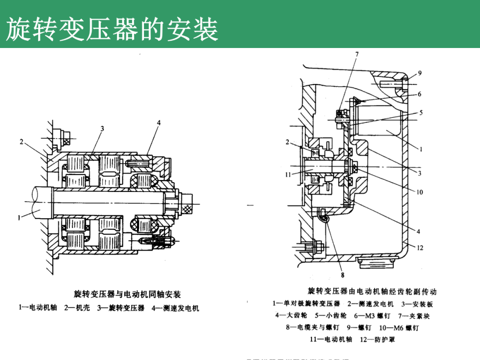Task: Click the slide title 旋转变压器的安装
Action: click(x=112, y=30)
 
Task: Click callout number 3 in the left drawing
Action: click(x=102, y=129)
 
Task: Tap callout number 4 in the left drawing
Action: click(x=159, y=123)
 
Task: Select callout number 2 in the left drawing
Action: click(x=21, y=142)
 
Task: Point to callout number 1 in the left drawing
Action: click(x=19, y=218)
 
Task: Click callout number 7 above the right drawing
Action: click(x=356, y=55)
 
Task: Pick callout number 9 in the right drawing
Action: click(x=420, y=73)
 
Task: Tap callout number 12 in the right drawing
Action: click(x=420, y=248)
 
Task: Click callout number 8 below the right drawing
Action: click(x=342, y=274)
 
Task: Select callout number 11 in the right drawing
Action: click(x=288, y=175)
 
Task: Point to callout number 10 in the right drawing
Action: click(x=420, y=192)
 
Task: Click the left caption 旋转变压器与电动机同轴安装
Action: click(x=127, y=295)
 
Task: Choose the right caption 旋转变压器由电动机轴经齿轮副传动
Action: click(x=372, y=292)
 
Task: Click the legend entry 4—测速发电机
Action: click(x=175, y=308)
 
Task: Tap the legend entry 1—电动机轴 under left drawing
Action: click(x=38, y=308)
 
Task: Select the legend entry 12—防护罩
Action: click(x=377, y=340)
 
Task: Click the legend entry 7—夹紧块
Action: click(x=414, y=316)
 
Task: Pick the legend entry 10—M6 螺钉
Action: click(x=399, y=328)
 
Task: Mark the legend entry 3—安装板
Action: click(x=417, y=304)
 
